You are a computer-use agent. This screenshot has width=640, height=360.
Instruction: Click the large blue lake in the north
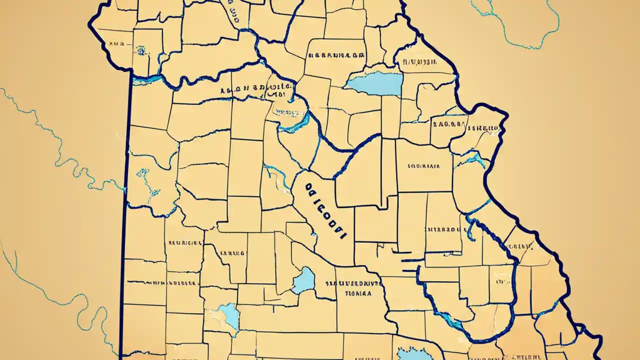coord(375,83)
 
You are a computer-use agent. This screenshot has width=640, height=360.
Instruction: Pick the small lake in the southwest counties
coord(229,314)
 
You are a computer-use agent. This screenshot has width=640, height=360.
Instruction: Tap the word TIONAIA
coord(358,294)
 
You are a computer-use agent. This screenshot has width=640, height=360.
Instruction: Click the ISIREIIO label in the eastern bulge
coord(483,128)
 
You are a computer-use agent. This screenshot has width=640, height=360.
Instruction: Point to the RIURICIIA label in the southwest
coord(185,243)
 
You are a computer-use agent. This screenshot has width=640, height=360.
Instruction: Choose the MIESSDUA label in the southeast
coord(443,230)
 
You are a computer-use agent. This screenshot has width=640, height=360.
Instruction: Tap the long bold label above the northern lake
coord(336,55)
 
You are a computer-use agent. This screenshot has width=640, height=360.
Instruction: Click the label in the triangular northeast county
coord(419,62)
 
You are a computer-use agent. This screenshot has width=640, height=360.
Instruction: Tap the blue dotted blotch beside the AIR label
coord(141,50)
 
